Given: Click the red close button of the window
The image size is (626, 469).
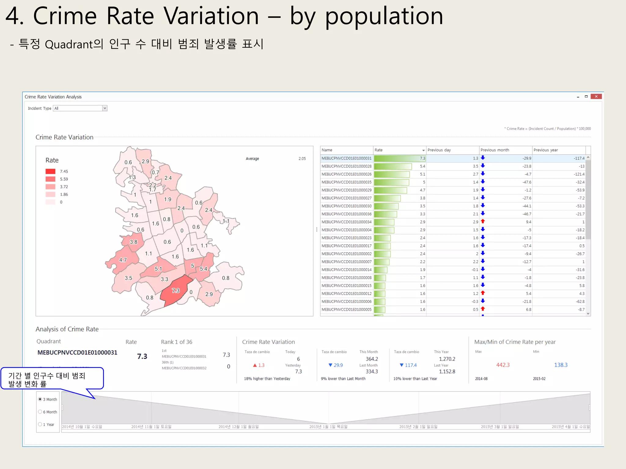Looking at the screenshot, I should [596, 96].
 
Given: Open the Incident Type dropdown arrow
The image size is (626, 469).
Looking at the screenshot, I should [105, 108].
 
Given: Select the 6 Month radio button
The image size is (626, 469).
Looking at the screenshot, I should [40, 412].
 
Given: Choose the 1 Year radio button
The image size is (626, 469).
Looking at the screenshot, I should [40, 424].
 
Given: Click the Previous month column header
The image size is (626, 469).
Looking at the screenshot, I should [495, 150].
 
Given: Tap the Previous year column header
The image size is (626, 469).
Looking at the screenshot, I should [546, 150].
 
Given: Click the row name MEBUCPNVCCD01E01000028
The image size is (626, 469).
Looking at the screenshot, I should [346, 166].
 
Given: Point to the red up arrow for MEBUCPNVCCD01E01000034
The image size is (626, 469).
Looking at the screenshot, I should [483, 221].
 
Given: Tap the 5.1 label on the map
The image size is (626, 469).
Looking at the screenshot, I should [158, 269].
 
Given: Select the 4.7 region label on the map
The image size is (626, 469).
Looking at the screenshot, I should [123, 260].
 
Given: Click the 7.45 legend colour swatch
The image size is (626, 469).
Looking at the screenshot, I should [50, 171].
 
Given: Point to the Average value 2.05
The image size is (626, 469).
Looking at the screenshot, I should [302, 158].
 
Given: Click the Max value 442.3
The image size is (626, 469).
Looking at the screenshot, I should [503, 365].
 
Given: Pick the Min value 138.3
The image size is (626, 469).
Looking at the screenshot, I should [561, 365].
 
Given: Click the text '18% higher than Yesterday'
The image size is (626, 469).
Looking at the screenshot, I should [267, 379].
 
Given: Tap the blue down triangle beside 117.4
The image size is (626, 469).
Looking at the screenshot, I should [402, 365].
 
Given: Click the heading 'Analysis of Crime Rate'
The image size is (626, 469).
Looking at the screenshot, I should [67, 329].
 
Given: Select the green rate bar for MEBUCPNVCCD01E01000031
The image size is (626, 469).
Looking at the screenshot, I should [397, 158].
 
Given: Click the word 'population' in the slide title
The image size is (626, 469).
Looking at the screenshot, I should [384, 16].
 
